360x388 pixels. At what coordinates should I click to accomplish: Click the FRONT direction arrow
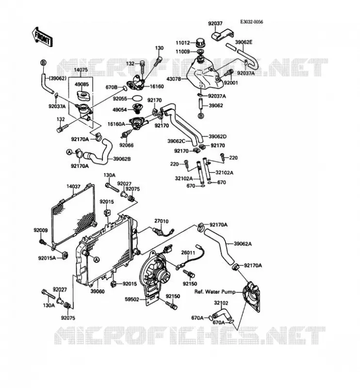pyautogui.click(x=42, y=37)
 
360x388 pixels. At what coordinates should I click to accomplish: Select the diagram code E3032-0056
pyautogui.click(x=251, y=22)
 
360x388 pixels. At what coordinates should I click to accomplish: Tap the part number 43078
pyautogui.click(x=174, y=79)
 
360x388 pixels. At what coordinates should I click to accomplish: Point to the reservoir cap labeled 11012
pyautogui.click(x=199, y=43)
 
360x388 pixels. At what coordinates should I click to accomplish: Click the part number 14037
pyautogui.click(x=73, y=187)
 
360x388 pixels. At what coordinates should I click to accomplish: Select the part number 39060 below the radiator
pyautogui.click(x=98, y=291)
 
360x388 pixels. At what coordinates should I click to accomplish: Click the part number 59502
pyautogui.click(x=132, y=299)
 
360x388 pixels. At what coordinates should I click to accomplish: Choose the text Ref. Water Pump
pyautogui.click(x=215, y=292)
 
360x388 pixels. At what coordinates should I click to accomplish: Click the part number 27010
pyautogui.click(x=162, y=221)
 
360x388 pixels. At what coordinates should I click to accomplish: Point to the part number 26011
pyautogui.click(x=188, y=253)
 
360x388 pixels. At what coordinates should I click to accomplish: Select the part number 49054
pyautogui.click(x=119, y=110)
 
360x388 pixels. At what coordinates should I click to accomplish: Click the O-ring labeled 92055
pyautogui.click(x=137, y=98)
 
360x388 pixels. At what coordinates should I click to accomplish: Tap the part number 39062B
pyautogui.click(x=122, y=159)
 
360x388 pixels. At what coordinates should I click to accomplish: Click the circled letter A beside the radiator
pyautogui.click(x=97, y=259)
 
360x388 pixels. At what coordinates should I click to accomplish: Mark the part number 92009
pyautogui.click(x=41, y=230)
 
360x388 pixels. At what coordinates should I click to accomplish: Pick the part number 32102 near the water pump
pyautogui.click(x=221, y=303)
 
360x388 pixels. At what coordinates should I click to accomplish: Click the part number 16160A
pyautogui.click(x=116, y=124)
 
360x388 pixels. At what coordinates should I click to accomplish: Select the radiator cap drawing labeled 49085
pyautogui.click(x=84, y=95)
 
